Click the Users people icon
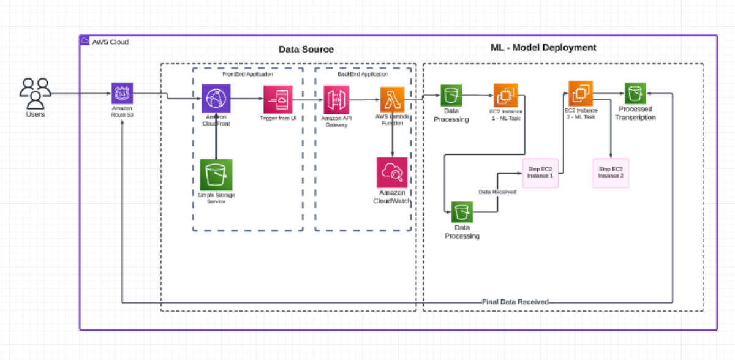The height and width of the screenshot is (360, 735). [x=35, y=94]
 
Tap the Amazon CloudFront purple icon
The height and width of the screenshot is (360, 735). [x=216, y=99]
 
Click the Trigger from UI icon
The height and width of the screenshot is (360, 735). [x=279, y=99]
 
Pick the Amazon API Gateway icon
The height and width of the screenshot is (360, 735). [x=336, y=99]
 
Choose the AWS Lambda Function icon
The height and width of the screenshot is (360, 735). [x=392, y=99]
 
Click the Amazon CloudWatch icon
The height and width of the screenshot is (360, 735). [x=392, y=173]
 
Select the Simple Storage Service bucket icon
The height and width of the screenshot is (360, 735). [x=216, y=176]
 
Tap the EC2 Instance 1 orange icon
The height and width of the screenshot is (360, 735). [x=506, y=96]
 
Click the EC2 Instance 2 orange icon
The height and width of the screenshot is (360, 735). [x=580, y=93]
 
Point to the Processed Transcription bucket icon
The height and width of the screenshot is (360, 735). [x=635, y=94]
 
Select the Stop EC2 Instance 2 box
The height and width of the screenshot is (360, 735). [x=611, y=172]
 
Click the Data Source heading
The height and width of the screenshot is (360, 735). [x=306, y=49]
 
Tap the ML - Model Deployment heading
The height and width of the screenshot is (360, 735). [x=543, y=47]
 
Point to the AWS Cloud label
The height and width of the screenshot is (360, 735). [x=110, y=42]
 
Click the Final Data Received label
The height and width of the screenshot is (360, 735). [x=515, y=302]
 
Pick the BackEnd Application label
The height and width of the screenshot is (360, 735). [x=363, y=74]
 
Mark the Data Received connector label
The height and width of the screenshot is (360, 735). [x=497, y=192]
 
